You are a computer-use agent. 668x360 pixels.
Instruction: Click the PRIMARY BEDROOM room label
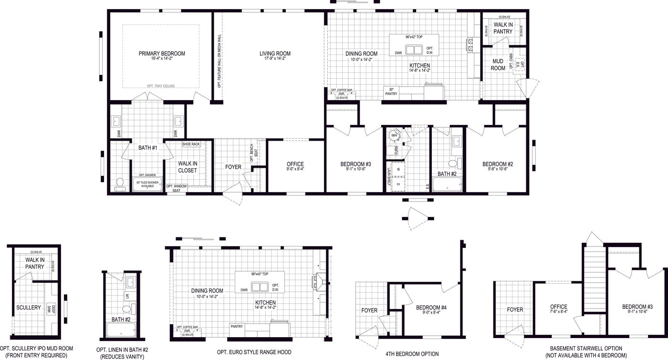162,53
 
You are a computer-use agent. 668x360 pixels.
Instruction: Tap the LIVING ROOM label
275,53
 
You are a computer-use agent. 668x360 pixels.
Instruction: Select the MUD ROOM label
498,65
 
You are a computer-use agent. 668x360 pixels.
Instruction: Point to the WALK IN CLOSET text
188,167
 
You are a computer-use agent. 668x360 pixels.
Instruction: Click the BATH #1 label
148,148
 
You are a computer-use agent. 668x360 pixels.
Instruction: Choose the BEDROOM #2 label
498,164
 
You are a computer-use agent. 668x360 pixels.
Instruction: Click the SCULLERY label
29,308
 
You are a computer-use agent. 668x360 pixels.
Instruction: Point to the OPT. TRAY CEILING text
161,86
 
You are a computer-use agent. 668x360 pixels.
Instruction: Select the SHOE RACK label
191,144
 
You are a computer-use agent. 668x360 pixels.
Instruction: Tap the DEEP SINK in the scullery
52,309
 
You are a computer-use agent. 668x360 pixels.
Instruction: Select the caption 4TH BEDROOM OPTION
412,354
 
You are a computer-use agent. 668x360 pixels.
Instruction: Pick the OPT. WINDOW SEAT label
176,188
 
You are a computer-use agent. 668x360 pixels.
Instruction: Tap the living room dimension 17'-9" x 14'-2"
275,59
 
